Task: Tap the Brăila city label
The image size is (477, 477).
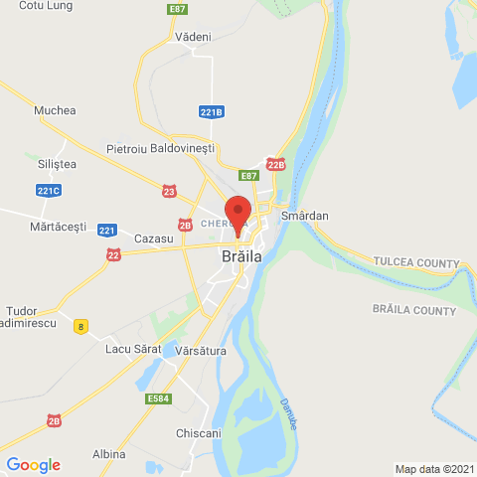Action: tap(241, 255)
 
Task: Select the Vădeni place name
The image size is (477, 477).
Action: tap(193, 37)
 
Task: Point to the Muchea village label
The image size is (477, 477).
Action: tap(55, 111)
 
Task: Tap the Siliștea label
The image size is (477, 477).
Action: tap(56, 163)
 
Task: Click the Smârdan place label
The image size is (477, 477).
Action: tap(304, 216)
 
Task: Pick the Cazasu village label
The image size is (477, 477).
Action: tap(153, 239)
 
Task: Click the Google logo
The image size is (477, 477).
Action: tap(33, 464)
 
